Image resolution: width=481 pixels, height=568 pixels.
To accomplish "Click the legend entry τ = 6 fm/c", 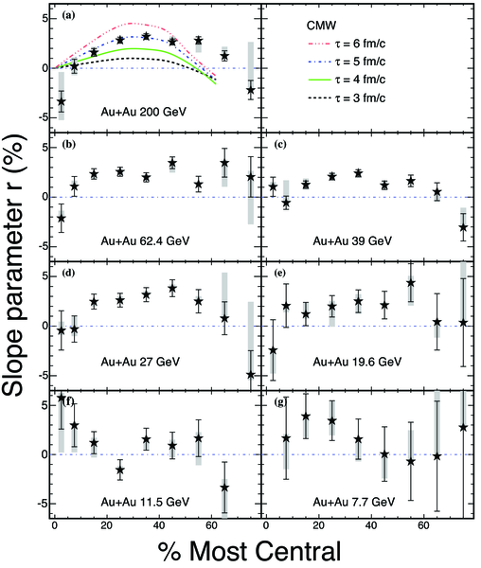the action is [x=347, y=44].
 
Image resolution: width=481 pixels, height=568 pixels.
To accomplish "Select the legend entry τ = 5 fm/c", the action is [x=347, y=62].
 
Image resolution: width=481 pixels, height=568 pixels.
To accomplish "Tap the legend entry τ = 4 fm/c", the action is [x=347, y=80].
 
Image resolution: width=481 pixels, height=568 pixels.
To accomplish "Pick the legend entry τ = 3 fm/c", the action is [x=347, y=98].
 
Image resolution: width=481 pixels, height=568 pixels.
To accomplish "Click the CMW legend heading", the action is [x=321, y=26].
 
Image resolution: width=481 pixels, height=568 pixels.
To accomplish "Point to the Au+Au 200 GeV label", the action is [x=143, y=112].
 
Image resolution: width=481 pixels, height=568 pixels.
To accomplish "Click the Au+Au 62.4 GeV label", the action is [x=145, y=240].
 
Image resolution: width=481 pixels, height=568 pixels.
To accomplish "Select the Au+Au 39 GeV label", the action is [x=352, y=240].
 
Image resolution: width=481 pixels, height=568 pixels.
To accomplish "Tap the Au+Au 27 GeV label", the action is [x=140, y=362].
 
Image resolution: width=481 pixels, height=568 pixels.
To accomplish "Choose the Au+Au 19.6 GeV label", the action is [x=357, y=362].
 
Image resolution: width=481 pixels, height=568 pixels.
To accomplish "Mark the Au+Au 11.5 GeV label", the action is [x=145, y=502].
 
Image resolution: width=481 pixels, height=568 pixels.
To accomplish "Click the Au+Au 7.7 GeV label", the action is [x=354, y=502].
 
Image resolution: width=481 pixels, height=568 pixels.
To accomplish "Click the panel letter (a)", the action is [x=68, y=15].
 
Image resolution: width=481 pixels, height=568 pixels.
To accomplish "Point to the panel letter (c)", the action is [x=280, y=145].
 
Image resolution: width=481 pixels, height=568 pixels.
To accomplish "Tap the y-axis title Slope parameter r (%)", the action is [x=14, y=265].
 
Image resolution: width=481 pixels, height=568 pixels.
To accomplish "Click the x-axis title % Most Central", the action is [x=250, y=551].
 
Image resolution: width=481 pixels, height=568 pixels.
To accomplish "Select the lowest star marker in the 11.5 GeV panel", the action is [x=224, y=488].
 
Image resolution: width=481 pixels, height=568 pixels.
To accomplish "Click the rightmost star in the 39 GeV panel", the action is [x=463, y=227].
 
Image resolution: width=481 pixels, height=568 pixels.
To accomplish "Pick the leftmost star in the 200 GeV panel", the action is [x=62, y=101].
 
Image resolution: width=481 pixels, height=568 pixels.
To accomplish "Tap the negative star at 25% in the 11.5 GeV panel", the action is [x=120, y=470].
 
